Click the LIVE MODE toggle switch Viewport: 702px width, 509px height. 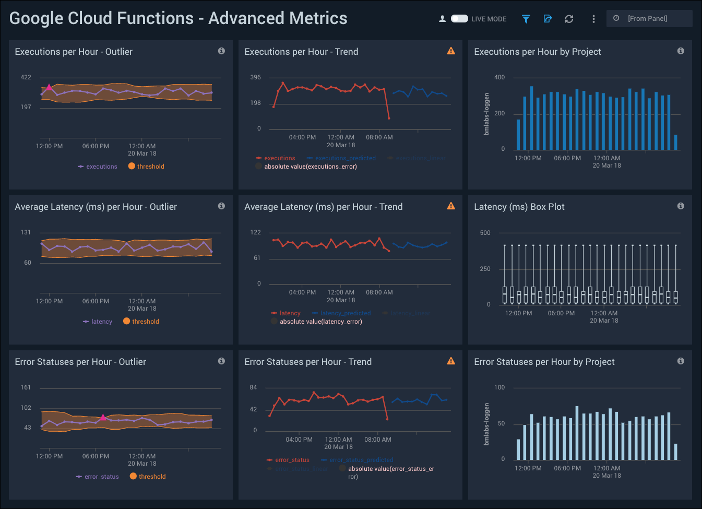[x=459, y=19]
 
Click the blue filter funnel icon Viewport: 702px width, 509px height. [x=526, y=19]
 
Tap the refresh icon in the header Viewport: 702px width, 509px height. [x=569, y=19]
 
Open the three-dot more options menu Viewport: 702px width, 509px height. [x=593, y=19]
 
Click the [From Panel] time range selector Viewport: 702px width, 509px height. [x=649, y=19]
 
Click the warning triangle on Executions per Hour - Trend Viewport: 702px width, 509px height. [x=451, y=51]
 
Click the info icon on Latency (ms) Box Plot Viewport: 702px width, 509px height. [x=681, y=206]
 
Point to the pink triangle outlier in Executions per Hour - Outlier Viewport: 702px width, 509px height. [x=49, y=87]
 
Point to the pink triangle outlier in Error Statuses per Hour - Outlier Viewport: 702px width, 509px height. [x=103, y=417]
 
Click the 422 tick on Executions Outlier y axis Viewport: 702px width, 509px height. [x=26, y=77]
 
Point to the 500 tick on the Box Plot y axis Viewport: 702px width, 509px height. [x=485, y=233]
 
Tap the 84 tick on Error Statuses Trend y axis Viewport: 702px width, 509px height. [x=253, y=387]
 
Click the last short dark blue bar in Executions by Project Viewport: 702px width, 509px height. [x=675, y=143]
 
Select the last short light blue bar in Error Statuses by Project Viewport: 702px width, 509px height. [x=675, y=452]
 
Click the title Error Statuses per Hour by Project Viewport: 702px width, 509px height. [x=544, y=362]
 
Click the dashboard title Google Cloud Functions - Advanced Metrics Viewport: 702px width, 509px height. [x=178, y=18]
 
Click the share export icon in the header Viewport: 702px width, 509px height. [x=548, y=19]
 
